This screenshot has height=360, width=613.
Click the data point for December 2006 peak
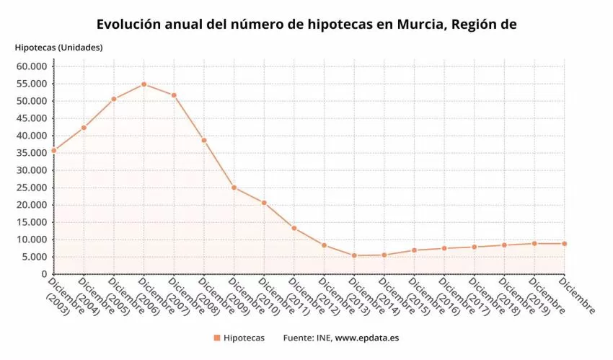pyautogui.click(x=144, y=84)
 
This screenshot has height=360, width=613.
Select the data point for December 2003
pyautogui.click(x=53, y=150)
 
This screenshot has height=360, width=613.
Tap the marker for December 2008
pyautogui.click(x=204, y=140)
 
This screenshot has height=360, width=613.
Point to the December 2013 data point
pyautogui.click(x=354, y=255)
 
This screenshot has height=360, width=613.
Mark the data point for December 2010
pyautogui.click(x=264, y=203)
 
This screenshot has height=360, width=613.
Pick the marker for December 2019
pyautogui.click(x=534, y=243)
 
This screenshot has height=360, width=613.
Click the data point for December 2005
pyautogui.click(x=114, y=99)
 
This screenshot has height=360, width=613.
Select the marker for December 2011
pyautogui.click(x=294, y=228)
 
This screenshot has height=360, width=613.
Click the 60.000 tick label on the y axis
pyautogui.click(x=31, y=66)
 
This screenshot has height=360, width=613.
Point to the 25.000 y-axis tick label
pyautogui.click(x=31, y=188)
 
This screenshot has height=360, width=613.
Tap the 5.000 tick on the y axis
pyautogui.click(x=34, y=257)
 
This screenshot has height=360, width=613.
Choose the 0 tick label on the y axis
pyautogui.click(x=43, y=274)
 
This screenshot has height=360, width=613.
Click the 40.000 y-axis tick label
pyautogui.click(x=31, y=136)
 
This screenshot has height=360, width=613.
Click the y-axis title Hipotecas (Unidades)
pyautogui.click(x=58, y=48)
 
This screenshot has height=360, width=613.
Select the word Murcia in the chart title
pyautogui.click(x=420, y=25)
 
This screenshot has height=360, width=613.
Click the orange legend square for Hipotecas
pyautogui.click(x=216, y=338)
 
